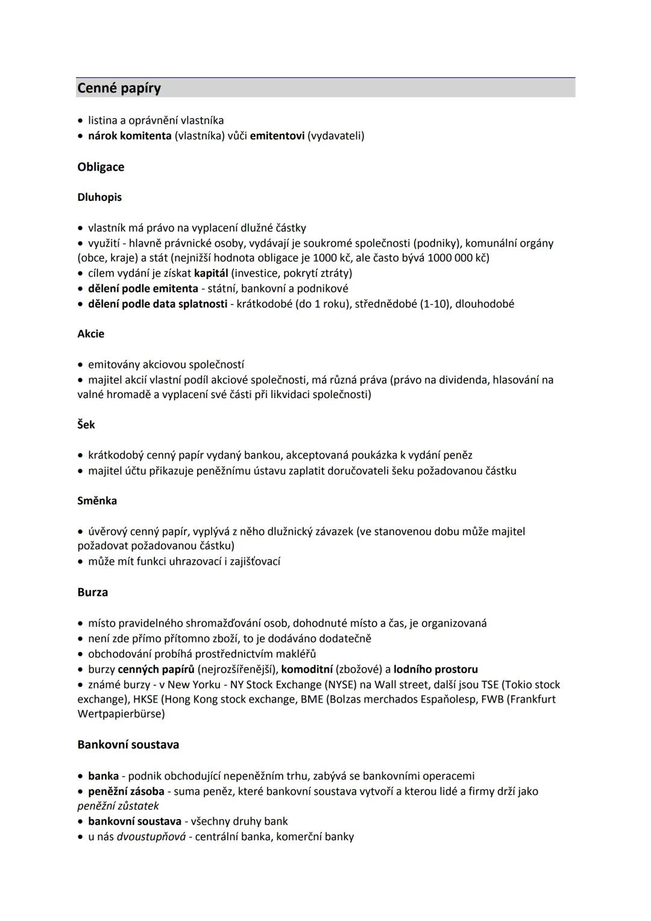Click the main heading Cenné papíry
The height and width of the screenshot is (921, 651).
119,88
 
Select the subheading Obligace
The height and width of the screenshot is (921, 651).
101,167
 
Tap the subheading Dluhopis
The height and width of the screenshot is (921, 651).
99,197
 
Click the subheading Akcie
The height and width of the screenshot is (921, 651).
90,334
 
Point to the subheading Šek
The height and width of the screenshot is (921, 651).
86,425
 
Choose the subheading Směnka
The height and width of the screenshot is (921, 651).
97,501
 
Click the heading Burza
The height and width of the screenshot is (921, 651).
93,592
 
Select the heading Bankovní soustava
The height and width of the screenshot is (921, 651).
128,744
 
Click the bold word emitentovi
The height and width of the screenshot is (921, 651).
277,136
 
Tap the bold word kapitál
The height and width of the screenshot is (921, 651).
211,273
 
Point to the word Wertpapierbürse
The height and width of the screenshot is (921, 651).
121,714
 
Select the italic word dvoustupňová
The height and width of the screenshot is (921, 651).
151,837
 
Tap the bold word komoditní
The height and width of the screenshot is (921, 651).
307,669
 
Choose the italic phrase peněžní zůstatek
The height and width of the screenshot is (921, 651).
118,806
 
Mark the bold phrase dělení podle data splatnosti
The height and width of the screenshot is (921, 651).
157,304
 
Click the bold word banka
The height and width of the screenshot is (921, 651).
103,776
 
